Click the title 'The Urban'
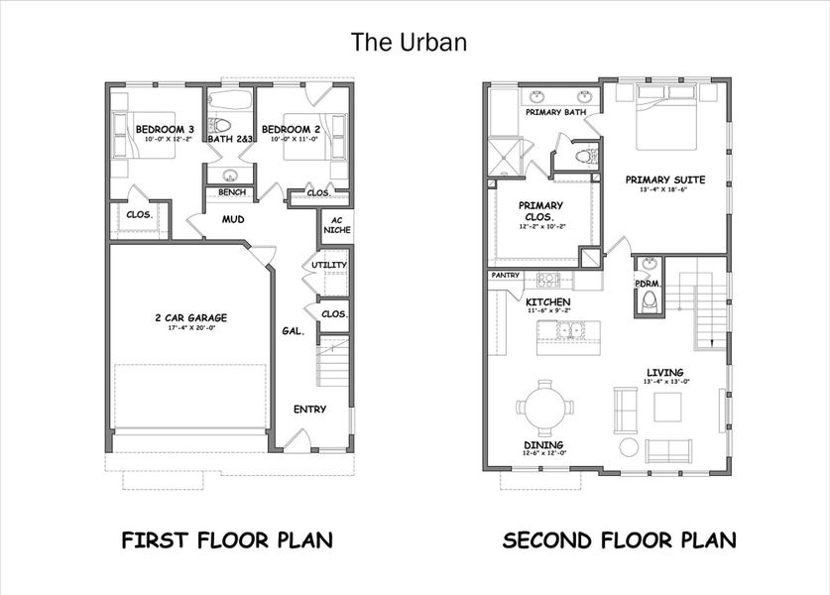point(409,42)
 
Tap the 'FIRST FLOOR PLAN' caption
point(226,540)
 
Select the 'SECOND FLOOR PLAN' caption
point(619,540)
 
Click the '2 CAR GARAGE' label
point(190,317)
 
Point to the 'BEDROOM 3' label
point(165,130)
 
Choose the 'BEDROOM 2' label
point(291,130)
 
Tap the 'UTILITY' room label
point(327,266)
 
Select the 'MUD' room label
point(233,219)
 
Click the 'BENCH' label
point(232,192)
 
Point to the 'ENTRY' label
point(309,409)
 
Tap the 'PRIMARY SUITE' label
point(664,179)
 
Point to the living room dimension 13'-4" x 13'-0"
point(666,381)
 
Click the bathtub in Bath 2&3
point(230,102)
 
